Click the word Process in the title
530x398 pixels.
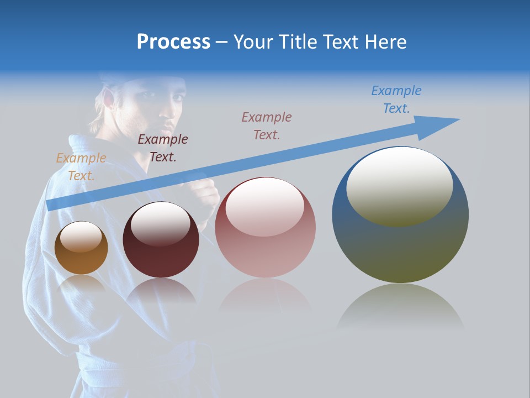click(x=173, y=41)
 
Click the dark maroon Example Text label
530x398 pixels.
click(x=163, y=148)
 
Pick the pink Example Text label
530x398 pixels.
click(x=267, y=125)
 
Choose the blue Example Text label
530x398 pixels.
click(x=396, y=99)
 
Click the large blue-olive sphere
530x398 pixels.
click(x=400, y=249)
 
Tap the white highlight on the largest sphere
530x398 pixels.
click(x=399, y=185)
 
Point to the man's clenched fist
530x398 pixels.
click(x=202, y=193)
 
